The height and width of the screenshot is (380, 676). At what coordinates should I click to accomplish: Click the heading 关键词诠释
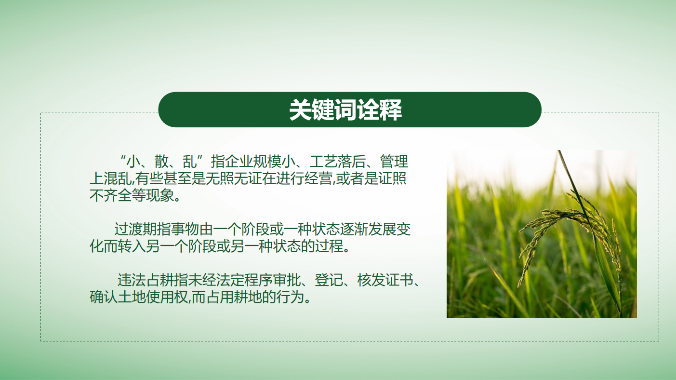pos(345,109)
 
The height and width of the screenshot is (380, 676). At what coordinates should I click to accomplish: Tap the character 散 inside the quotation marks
pos(161,162)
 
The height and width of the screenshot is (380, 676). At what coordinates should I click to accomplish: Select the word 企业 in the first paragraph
pos(239,162)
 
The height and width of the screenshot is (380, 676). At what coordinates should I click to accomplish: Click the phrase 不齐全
pos(111,195)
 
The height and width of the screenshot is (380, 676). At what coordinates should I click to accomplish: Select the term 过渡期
pos(135,230)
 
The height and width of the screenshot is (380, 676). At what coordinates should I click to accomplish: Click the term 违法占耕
pos(146,280)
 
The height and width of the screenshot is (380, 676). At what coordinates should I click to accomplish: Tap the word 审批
pos(287,280)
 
